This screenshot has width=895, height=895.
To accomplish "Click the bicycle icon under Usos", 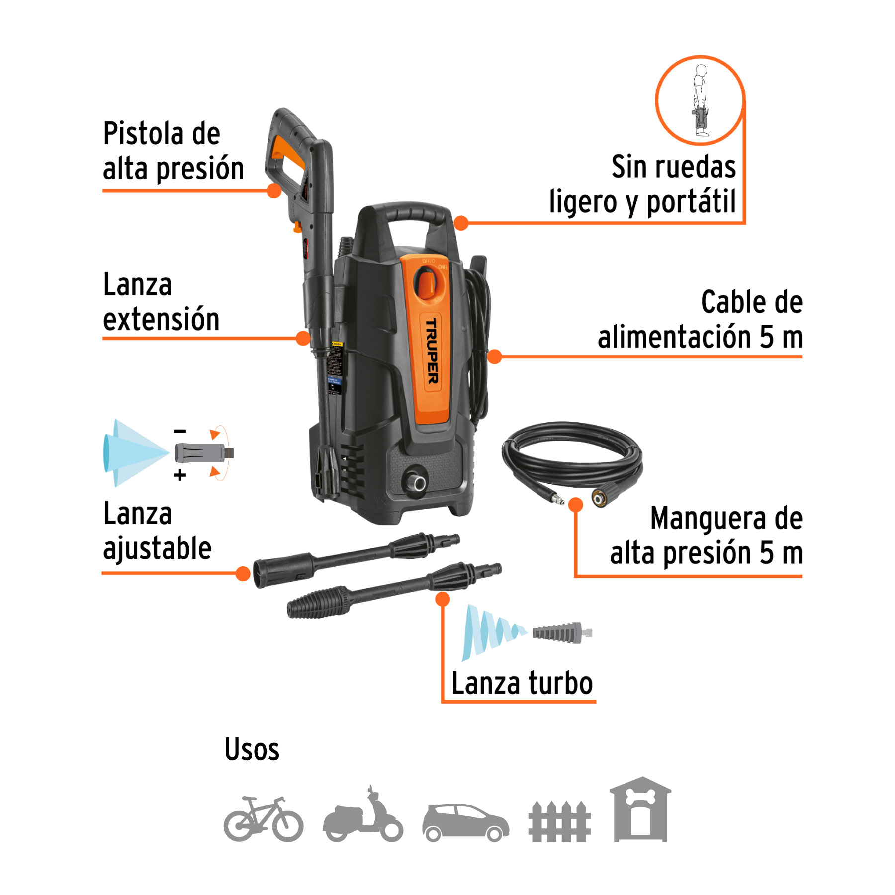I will tap(263, 819).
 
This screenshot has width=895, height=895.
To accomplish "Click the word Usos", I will tap(252, 749).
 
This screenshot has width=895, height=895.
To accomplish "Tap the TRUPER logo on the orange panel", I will tap(432, 351).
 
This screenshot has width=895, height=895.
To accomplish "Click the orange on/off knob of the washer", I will tap(426, 283).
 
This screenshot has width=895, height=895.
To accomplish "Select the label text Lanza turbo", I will tap(522, 683).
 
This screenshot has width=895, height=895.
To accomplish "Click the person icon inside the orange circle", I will tap(701, 100).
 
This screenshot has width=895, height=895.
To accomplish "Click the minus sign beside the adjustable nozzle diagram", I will tap(180, 431).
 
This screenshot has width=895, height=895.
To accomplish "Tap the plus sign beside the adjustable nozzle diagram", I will tap(180, 475).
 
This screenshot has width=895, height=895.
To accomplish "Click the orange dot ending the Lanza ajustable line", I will tap(243, 574).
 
